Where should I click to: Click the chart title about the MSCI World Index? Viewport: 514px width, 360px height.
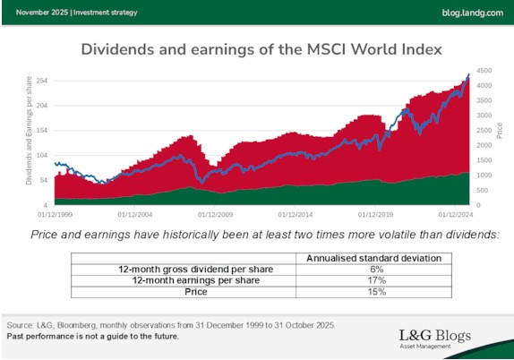coord(257,48)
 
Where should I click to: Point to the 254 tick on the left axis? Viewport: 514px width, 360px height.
coord(42,81)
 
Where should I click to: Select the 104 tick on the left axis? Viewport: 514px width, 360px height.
coord(42,155)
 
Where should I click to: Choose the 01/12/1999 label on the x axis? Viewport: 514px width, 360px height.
coord(55,215)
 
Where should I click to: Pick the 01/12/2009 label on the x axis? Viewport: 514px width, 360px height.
coord(216,215)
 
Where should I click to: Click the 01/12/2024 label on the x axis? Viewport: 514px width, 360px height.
coord(454,215)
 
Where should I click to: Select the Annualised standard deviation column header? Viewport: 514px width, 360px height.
coord(374,258)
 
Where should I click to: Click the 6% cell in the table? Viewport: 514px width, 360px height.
coord(374,269)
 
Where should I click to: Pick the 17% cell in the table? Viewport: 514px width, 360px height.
coord(374,280)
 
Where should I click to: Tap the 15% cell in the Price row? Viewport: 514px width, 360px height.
coord(374,291)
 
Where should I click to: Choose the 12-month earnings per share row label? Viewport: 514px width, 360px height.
coord(184,280)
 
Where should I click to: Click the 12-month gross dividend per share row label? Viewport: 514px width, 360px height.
coord(184,269)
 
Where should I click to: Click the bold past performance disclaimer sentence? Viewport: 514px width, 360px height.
coord(92,337)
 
